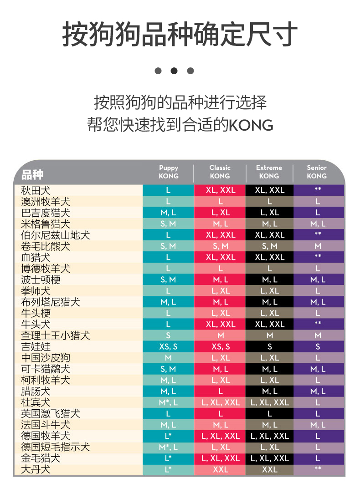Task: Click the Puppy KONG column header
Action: [168, 172]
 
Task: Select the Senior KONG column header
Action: [317, 172]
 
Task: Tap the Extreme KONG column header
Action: [269, 172]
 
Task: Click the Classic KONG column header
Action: [220, 172]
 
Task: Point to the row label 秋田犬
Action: [36, 190]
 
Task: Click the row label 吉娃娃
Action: [36, 346]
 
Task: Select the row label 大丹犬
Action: [36, 469]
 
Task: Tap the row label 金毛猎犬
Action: [41, 458]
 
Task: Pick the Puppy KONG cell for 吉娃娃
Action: [168, 346]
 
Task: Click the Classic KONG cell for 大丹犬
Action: [221, 469]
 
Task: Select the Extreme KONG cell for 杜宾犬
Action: [270, 402]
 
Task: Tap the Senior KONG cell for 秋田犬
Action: [318, 190]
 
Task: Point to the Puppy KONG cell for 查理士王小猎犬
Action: [168, 336]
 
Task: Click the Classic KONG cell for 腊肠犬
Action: [221, 391]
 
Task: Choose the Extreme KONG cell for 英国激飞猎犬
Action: [270, 413]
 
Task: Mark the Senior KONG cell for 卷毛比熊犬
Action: [318, 246]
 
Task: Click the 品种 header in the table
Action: [32, 174]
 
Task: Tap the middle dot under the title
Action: [174, 71]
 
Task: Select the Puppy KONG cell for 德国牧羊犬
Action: [168, 436]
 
